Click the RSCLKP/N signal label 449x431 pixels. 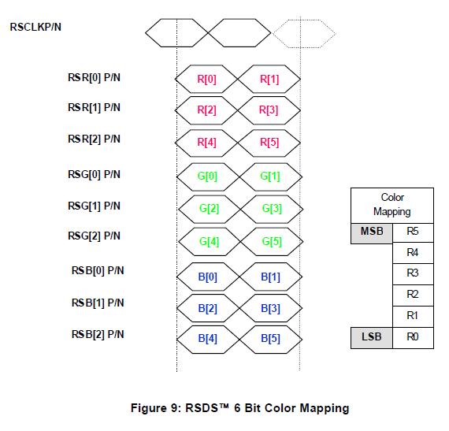(35, 27)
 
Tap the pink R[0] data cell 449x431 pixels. (206, 79)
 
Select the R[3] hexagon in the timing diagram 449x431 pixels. (269, 110)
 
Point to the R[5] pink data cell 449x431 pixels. (269, 143)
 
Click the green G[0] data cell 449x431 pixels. (208, 176)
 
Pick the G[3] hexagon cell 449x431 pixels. (272, 209)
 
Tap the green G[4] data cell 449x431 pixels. (210, 242)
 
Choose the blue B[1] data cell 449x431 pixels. (271, 277)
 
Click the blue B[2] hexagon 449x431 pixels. (208, 308)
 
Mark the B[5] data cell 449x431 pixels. (271, 339)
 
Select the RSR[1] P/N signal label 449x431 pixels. (94, 108)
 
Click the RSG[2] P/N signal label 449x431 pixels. (94, 236)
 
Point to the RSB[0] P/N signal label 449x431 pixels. (98, 270)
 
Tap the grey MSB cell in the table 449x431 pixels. (372, 233)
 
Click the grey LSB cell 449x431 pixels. (372, 338)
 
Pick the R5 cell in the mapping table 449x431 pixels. (413, 232)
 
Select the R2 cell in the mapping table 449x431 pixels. (413, 295)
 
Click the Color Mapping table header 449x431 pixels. (392, 206)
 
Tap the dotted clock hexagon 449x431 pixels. (304, 34)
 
